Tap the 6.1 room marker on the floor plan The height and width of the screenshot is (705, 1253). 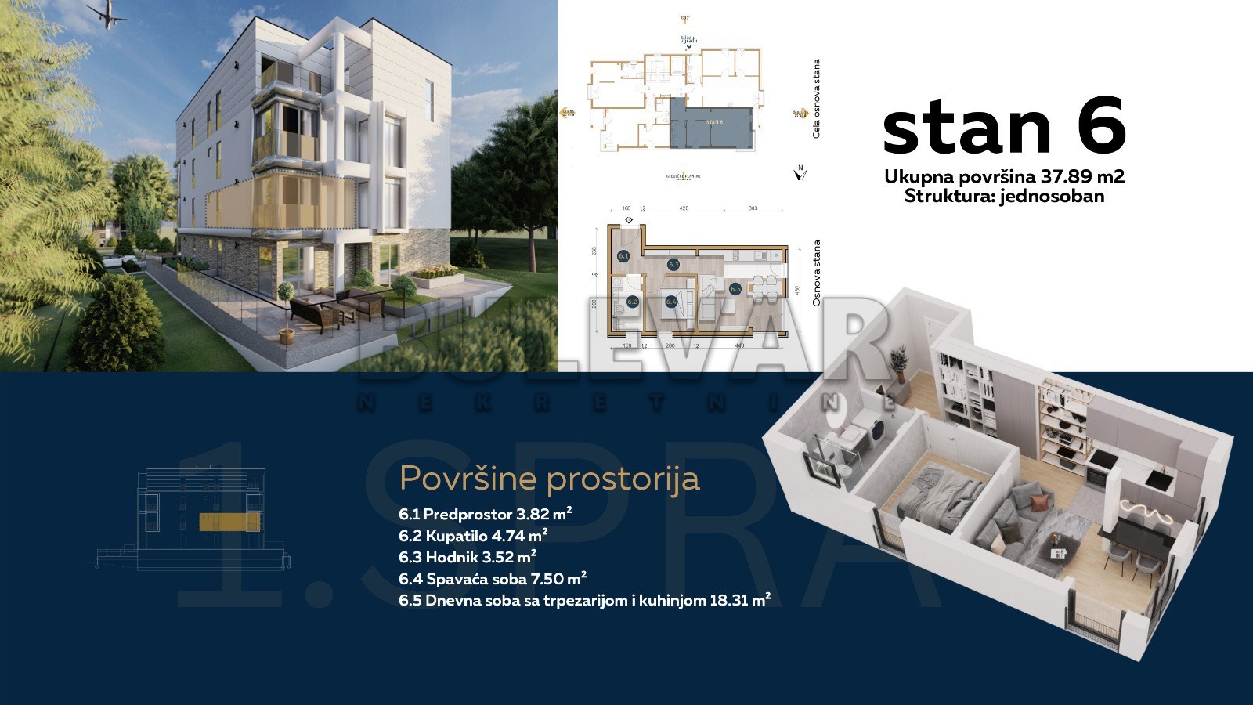(623, 255)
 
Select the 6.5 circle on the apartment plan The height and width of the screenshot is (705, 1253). (735, 289)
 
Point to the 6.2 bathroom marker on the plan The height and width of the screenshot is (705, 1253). (633, 301)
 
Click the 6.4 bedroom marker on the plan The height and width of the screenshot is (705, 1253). (671, 301)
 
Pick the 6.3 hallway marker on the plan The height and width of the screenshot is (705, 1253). (673, 265)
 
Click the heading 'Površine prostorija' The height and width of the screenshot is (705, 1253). (549, 478)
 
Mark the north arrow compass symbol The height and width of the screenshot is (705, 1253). (800, 172)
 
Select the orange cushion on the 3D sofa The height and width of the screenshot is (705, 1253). (1038, 501)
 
